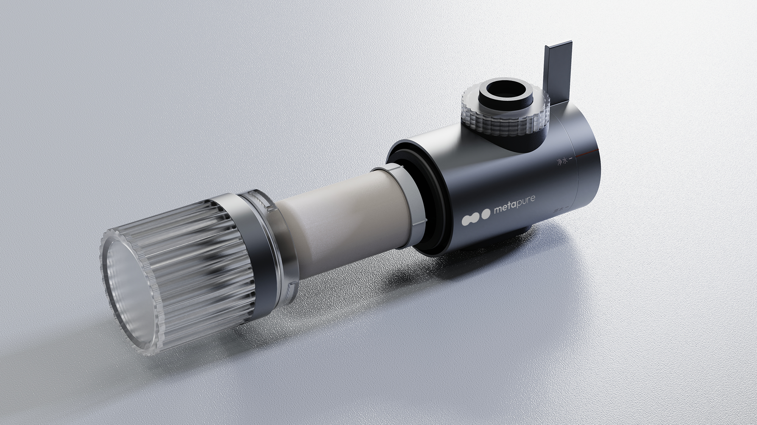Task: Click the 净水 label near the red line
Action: (562, 162)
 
